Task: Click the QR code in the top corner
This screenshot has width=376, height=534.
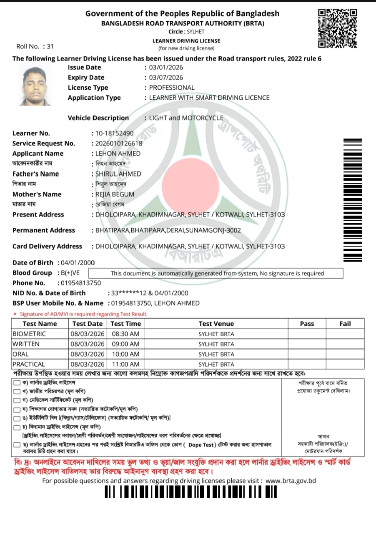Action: point(338,28)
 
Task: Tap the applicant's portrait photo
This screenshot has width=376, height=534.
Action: point(35,86)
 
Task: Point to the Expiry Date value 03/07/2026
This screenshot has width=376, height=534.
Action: point(166,78)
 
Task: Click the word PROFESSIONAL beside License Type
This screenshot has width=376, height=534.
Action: point(172,88)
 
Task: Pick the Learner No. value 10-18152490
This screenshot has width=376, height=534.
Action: point(115,133)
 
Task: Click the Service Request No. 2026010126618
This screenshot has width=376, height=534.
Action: point(119,144)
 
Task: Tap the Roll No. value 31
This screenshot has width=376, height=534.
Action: point(50,47)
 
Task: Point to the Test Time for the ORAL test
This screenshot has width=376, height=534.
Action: point(125,354)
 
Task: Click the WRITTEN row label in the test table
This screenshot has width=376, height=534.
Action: point(26,344)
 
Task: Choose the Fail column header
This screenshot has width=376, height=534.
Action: point(345,324)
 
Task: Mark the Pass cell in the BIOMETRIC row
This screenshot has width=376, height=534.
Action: point(307,334)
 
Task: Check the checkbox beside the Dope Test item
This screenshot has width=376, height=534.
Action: point(17,445)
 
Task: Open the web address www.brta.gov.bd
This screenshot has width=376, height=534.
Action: point(291,481)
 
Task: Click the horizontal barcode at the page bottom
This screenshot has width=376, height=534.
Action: point(191,492)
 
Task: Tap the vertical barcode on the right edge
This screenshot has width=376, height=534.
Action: point(353,200)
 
